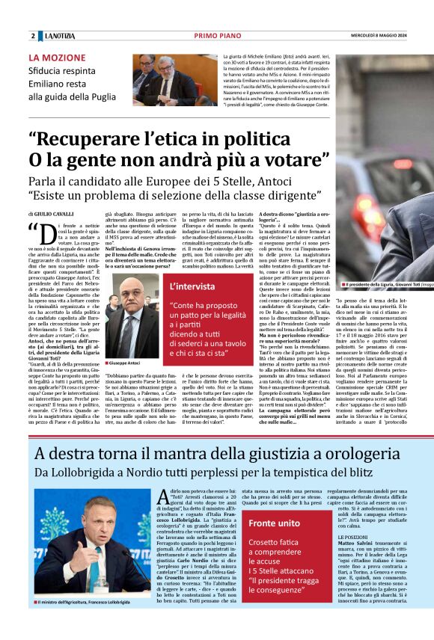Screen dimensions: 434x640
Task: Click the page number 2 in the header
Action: pos(33,37)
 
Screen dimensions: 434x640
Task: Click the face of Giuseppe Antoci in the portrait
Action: pos(129,294)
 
